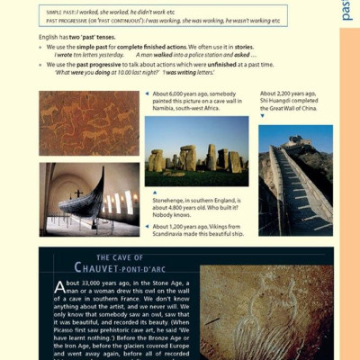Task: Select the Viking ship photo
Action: (x=88, y=199)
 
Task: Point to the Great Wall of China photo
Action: (x=294, y=179)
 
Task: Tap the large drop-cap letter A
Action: (x=60, y=288)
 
